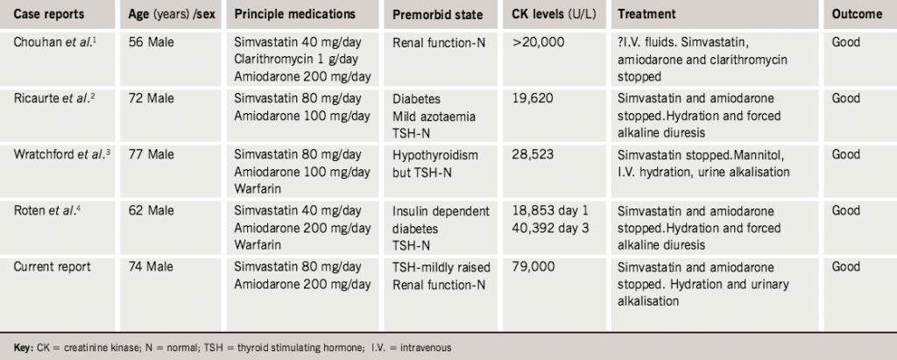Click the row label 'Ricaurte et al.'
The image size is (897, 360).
pos(59,99)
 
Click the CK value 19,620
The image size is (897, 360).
pos(533,99)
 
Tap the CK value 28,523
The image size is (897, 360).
pos(533,154)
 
